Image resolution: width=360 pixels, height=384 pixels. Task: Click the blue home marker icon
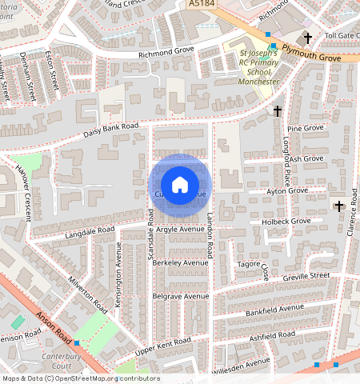[180, 185]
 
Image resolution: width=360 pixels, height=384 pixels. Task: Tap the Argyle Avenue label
[181, 229]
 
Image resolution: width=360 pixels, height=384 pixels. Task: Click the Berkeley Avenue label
[180, 262]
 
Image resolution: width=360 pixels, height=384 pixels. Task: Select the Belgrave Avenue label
[180, 296]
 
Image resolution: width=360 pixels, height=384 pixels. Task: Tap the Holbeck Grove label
[279, 221]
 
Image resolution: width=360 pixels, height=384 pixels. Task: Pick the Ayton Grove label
[286, 191]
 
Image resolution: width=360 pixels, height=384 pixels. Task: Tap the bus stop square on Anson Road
[78, 342]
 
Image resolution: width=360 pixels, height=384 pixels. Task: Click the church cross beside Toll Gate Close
[307, 38]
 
